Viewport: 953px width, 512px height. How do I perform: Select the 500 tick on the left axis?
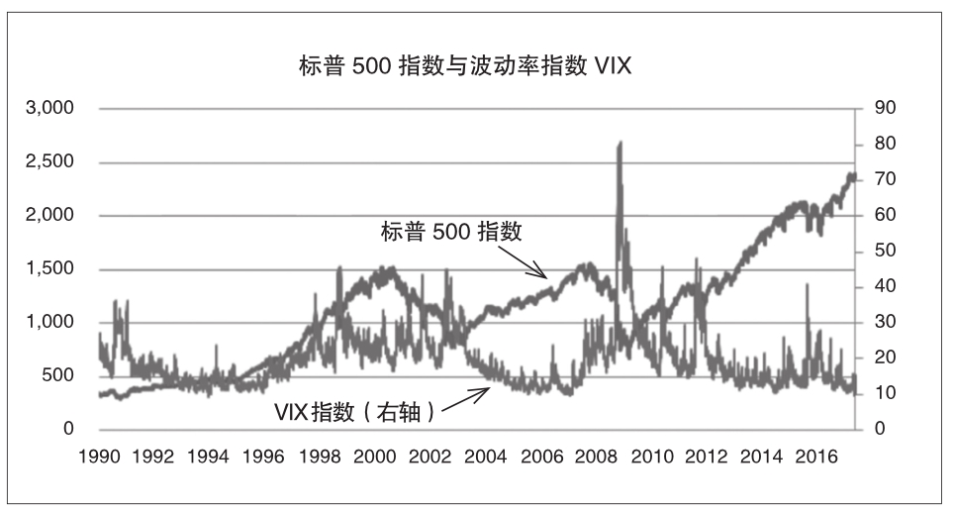click(x=56, y=375)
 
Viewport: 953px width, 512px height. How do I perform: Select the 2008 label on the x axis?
click(x=596, y=457)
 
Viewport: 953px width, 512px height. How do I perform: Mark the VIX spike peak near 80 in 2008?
click(x=619, y=144)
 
